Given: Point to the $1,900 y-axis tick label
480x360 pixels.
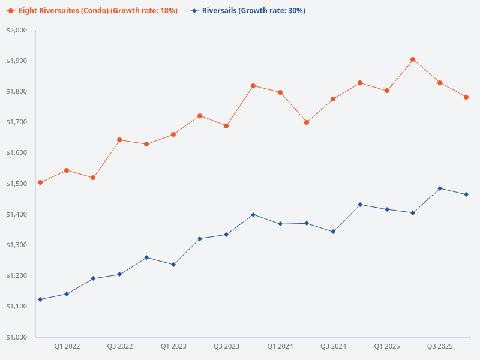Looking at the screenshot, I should [17, 61].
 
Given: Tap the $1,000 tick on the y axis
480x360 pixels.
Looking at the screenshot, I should [17, 337].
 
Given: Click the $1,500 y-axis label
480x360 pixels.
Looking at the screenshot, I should [17, 184].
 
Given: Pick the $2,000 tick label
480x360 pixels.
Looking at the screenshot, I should [17, 30].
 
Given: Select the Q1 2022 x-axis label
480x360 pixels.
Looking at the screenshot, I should [67, 346].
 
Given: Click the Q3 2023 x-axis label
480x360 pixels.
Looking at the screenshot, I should [226, 346].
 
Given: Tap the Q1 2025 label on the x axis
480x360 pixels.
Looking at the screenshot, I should [387, 346].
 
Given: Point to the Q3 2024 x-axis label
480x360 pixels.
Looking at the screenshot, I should [333, 346].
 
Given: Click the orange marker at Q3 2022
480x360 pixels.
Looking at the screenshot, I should [119, 140].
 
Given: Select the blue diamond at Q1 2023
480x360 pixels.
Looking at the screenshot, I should [173, 265].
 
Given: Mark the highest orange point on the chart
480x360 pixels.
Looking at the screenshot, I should [413, 59].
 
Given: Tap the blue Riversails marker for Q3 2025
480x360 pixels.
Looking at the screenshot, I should [440, 188].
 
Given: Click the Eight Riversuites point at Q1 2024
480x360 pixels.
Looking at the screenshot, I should [280, 92].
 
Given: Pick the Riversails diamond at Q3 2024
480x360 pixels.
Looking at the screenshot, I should [333, 232].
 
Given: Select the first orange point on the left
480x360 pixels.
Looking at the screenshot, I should [40, 182].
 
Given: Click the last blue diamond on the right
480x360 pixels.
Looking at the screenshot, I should [466, 194].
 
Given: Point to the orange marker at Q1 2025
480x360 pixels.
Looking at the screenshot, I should [387, 91].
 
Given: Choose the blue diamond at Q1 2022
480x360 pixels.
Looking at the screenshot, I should [67, 294].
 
